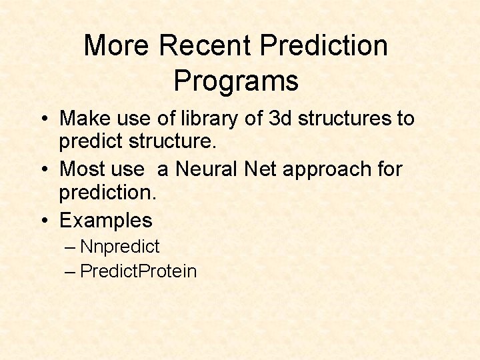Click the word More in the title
coord(118,46)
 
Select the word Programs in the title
coord(236,81)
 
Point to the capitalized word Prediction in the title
coord(324,46)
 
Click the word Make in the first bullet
coord(83,119)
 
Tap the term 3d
coord(279,119)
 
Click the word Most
coord(81,169)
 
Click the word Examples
coord(106,220)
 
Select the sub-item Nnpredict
coord(119,247)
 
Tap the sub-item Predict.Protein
coord(138,271)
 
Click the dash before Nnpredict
coord(71,247)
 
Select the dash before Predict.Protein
coord(71,271)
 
